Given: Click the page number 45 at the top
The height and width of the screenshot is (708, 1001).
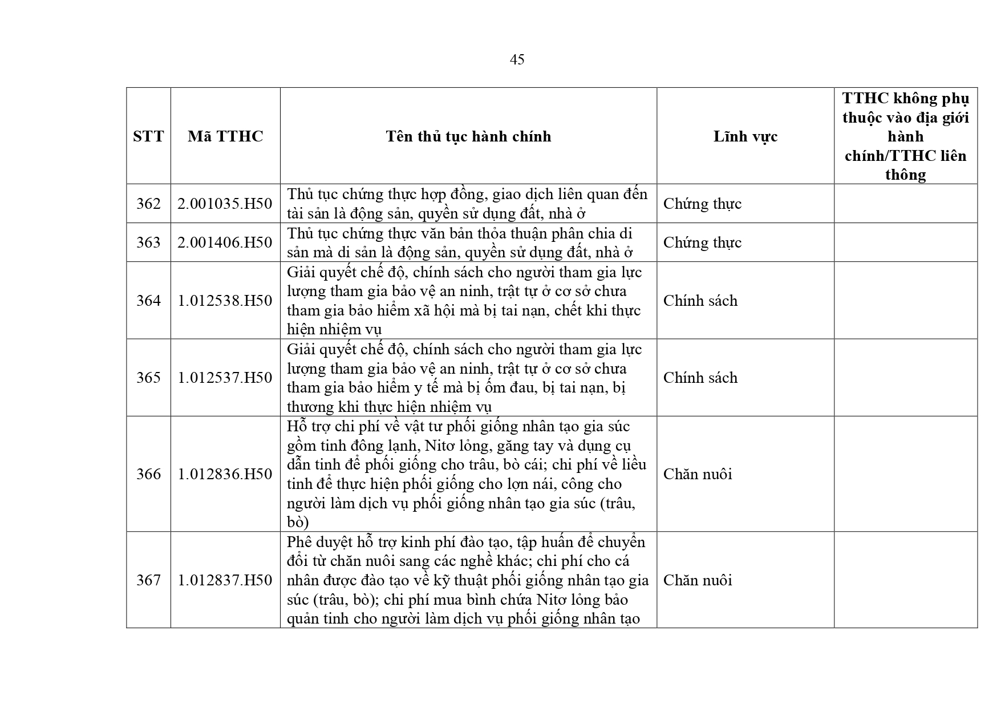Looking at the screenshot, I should (x=517, y=60).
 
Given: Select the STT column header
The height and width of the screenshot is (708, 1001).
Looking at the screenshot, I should (x=148, y=136).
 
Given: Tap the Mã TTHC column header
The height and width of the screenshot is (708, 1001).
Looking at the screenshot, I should (x=225, y=136).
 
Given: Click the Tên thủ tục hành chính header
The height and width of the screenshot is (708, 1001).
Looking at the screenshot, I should (x=468, y=136).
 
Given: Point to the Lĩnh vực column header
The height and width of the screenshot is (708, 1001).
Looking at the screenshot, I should (x=745, y=136).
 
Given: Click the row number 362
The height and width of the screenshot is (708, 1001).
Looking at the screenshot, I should (x=148, y=204).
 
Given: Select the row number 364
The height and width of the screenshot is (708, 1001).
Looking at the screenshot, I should (x=148, y=301).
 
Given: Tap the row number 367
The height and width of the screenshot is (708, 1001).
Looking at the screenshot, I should (x=148, y=580).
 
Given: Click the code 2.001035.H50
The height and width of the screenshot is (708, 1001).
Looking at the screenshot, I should (x=225, y=204).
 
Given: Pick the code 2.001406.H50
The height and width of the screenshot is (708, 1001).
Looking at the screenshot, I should (x=225, y=242).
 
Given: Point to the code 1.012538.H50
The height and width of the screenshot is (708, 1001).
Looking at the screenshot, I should (x=225, y=301).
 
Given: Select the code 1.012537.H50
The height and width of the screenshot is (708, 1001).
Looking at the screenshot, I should (x=225, y=378).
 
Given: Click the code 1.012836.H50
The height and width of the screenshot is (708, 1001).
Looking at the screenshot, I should (x=225, y=474).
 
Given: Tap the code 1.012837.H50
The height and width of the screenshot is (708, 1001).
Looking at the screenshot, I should (x=225, y=580).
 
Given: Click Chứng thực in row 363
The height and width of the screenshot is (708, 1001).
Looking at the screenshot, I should (x=702, y=242).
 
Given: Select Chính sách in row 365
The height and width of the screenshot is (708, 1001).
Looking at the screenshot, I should (x=700, y=378).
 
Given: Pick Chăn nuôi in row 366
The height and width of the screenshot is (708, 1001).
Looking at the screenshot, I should (x=697, y=474).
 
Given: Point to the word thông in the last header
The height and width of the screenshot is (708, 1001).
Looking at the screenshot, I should (x=905, y=175).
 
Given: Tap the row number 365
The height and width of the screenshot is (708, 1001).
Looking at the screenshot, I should (x=148, y=378).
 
